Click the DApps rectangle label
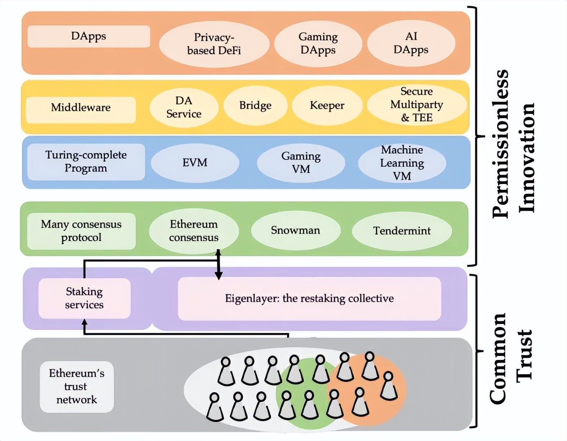(x=88, y=36)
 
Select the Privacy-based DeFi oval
(x=214, y=44)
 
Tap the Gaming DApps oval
(x=318, y=43)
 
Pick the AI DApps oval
(x=411, y=43)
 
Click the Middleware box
(x=81, y=108)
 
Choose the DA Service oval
(x=184, y=107)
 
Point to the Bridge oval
(x=255, y=106)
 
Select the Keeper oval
(x=327, y=106)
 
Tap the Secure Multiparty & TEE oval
(x=416, y=105)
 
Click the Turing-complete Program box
(x=86, y=161)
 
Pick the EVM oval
(x=195, y=163)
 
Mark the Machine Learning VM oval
(x=402, y=163)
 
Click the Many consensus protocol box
(x=81, y=231)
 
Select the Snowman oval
(x=295, y=230)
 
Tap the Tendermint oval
(x=402, y=231)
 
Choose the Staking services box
(x=84, y=298)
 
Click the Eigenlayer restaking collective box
(x=309, y=298)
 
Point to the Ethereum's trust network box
(x=77, y=386)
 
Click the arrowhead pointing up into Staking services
(x=84, y=323)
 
